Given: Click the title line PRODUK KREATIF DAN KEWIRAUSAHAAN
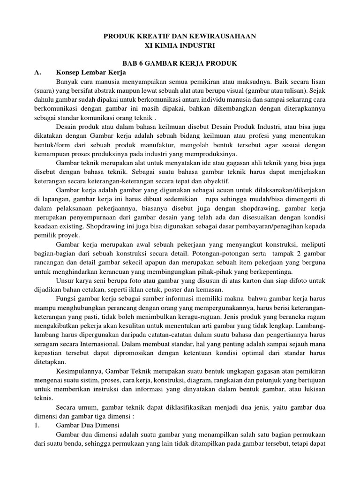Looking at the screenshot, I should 180,36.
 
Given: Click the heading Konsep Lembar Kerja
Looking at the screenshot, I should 91,72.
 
